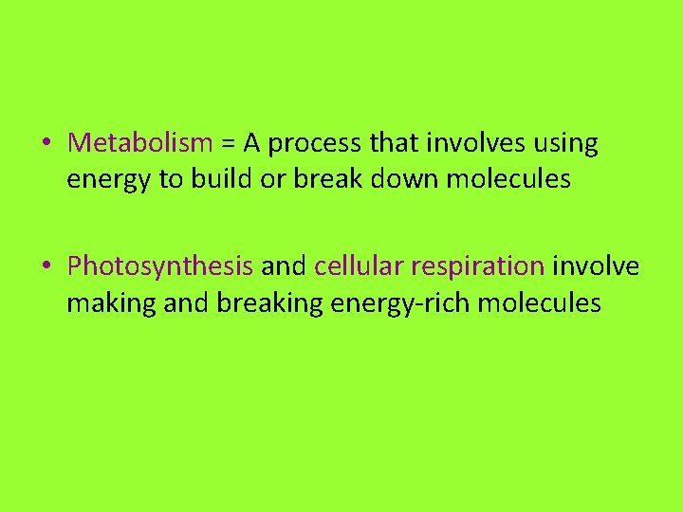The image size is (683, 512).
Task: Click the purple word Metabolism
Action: pos(140,143)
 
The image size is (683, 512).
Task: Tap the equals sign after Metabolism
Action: pos(229,144)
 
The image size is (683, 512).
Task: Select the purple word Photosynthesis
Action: pos(160,266)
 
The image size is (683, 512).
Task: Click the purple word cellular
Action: pos(359,265)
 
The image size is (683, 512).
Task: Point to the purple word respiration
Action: pos(478,266)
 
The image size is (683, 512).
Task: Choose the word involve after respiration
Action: pos(596,265)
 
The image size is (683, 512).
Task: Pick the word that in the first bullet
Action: pos(389,143)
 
